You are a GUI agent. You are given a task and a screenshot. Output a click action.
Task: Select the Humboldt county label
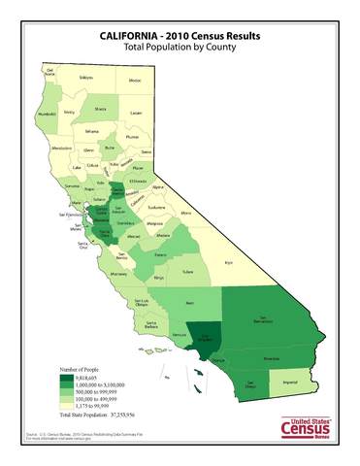pos(46,115)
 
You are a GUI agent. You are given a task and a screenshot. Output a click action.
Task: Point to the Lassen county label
pos(136,113)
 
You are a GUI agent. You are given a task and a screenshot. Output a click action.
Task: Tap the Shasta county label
pos(100,109)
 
